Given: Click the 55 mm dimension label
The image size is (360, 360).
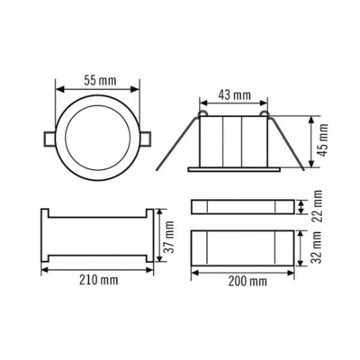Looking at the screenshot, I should [99, 80].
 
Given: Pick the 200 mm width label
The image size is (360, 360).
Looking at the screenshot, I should [247, 282].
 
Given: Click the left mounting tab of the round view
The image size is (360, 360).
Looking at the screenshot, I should [47, 139].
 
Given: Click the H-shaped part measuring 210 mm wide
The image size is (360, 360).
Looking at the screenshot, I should [97, 237].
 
